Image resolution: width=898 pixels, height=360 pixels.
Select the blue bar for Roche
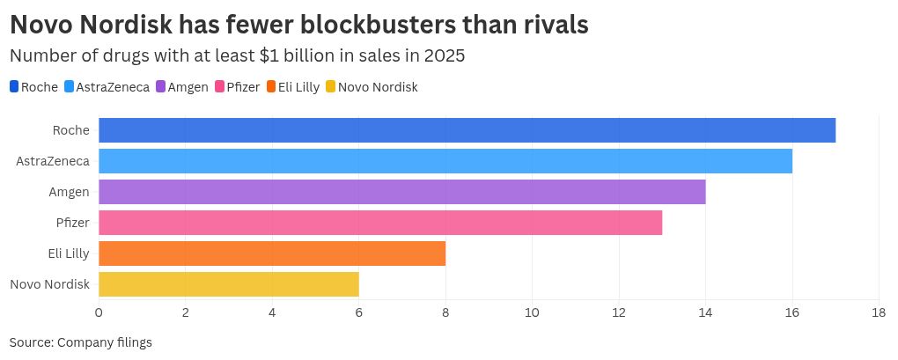point(467,130)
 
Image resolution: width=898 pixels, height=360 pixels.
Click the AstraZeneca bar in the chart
point(445,161)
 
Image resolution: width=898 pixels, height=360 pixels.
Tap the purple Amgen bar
point(401,192)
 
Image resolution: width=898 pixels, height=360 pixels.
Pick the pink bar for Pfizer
point(380,223)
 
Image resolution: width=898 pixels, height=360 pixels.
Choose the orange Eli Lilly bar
point(272,253)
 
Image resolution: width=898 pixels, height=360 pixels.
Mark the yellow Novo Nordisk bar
point(229,284)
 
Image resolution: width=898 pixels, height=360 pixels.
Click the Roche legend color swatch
point(14,86)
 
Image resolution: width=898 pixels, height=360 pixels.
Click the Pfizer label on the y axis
point(72,223)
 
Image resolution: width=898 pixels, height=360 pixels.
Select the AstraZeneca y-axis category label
point(53,161)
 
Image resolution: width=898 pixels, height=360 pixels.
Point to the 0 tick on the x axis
point(99,312)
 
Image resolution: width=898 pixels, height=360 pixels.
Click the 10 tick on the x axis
point(532,312)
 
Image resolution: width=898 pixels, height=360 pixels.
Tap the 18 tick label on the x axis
point(878,312)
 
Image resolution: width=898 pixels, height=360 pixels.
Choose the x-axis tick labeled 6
point(358,312)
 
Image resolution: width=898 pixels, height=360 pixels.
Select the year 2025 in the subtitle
point(444,55)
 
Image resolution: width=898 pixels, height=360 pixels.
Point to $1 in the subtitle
point(270,55)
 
